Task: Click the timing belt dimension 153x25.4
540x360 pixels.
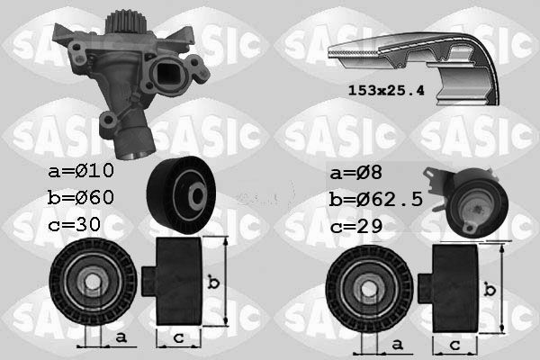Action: click(x=386, y=91)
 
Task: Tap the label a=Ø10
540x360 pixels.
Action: click(x=81, y=170)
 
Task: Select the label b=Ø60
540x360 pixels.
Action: click(x=81, y=197)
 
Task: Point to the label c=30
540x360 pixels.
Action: click(x=75, y=224)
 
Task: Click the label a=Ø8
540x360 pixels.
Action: click(x=355, y=172)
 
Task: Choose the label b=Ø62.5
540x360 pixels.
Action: click(x=375, y=199)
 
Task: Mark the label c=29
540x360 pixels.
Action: click(x=356, y=226)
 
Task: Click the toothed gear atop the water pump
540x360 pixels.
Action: click(x=121, y=22)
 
